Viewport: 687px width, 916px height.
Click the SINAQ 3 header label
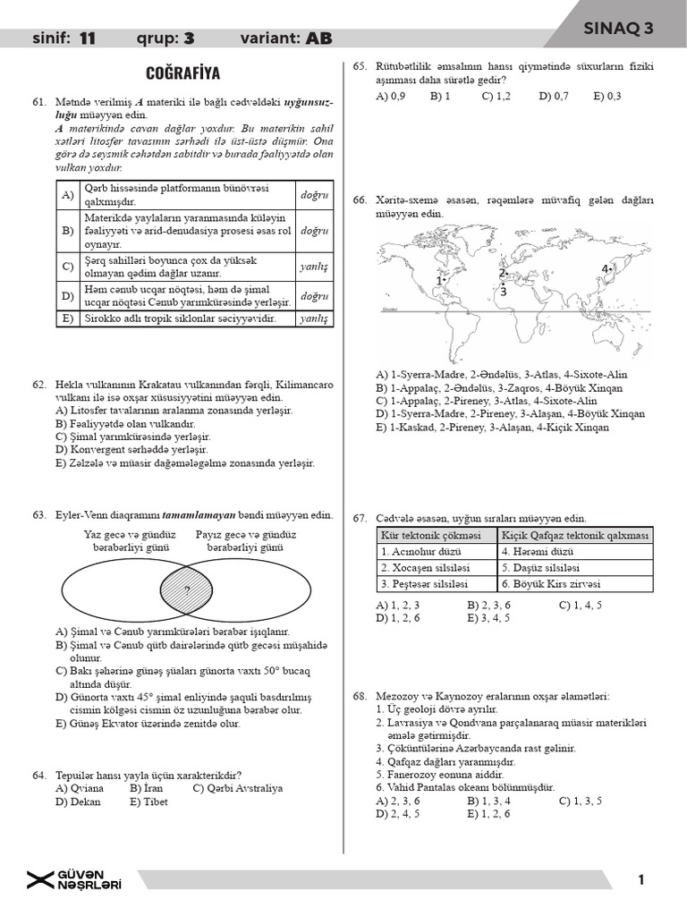tap(618, 28)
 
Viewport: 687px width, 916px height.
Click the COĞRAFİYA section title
tap(182, 73)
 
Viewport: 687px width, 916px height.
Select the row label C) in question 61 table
tap(66, 266)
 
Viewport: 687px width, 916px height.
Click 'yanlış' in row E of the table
tap(314, 318)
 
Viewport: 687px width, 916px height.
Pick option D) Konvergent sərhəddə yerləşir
tap(131, 449)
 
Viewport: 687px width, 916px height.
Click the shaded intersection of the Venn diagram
tap(187, 589)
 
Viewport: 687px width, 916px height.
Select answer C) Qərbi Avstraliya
tap(237, 788)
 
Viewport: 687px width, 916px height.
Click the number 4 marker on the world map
tap(606, 268)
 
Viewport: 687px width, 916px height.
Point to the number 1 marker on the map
tap(439, 281)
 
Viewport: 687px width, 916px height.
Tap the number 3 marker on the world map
tap(504, 291)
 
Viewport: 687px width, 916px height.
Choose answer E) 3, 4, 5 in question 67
tap(488, 617)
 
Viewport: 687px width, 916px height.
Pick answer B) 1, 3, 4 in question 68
tap(488, 801)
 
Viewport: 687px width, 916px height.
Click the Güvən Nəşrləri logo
tap(75, 880)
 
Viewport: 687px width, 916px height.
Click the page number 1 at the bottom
tap(641, 880)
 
